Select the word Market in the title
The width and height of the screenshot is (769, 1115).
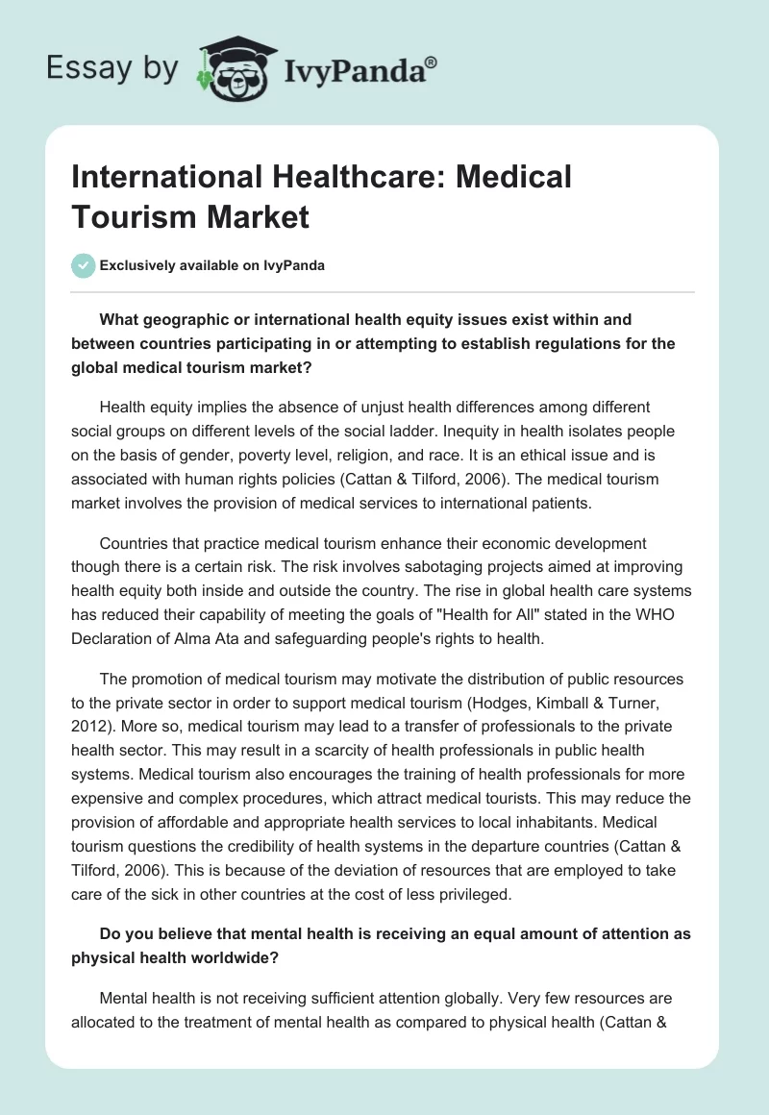click(x=259, y=216)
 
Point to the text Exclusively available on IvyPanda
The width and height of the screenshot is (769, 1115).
click(x=211, y=265)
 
